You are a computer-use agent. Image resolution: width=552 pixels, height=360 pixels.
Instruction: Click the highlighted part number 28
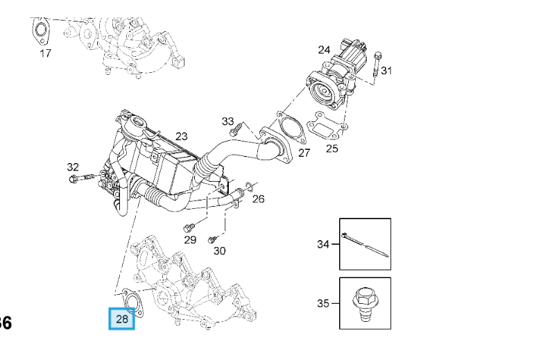pyautogui.click(x=122, y=319)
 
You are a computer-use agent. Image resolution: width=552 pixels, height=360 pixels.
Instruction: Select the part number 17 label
pyautogui.click(x=45, y=53)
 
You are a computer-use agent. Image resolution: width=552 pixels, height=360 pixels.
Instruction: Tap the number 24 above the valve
pyautogui.click(x=324, y=49)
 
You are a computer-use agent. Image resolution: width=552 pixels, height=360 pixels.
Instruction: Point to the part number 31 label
pyautogui.click(x=386, y=70)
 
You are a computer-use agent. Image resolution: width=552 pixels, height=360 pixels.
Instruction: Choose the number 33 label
pyautogui.click(x=228, y=121)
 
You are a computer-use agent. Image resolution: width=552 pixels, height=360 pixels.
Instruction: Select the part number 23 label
pyautogui.click(x=182, y=136)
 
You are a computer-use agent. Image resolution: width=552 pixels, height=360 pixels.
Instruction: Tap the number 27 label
pyautogui.click(x=304, y=153)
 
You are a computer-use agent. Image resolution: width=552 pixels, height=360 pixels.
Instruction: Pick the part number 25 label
pyautogui.click(x=332, y=148)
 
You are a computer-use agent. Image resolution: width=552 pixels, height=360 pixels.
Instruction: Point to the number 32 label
pyautogui.click(x=73, y=166)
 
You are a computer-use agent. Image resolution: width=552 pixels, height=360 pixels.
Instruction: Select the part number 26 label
pyautogui.click(x=258, y=199)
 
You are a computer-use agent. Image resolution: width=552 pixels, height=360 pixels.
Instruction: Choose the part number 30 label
pyautogui.click(x=219, y=250)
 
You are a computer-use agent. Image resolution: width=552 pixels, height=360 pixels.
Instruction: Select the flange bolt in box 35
pyautogui.click(x=364, y=303)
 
